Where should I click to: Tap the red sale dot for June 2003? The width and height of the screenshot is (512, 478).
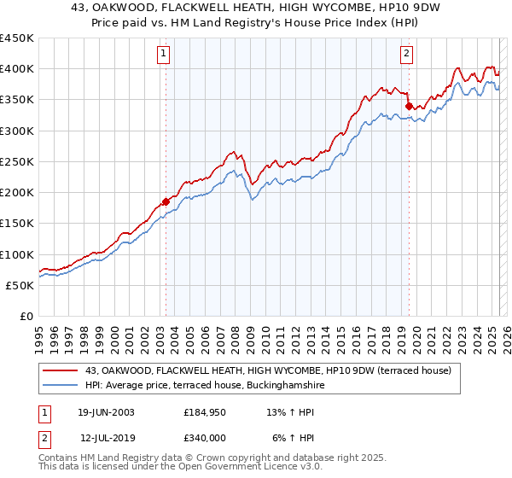pos(166,202)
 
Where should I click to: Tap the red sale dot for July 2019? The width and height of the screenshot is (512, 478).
pos(409,106)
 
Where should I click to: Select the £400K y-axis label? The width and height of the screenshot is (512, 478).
pos(17,69)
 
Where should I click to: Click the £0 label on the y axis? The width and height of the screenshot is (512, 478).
pos(26,316)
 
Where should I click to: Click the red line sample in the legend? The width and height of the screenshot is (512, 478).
pos(61,370)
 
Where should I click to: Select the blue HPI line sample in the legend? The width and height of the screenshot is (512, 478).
pos(61,386)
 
